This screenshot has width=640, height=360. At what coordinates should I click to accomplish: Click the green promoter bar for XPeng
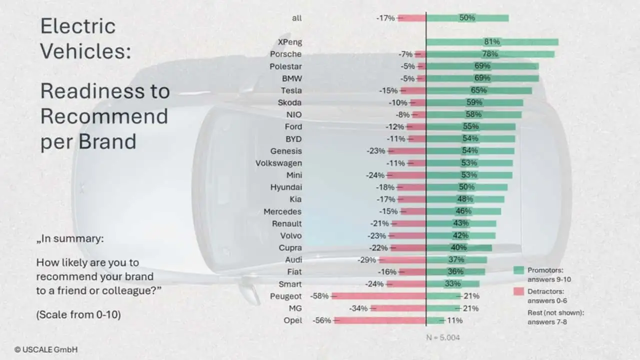492,42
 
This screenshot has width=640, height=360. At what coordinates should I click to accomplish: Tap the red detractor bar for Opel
379,320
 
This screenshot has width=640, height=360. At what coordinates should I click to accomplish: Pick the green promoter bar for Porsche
490,54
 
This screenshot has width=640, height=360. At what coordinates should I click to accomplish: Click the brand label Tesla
291,90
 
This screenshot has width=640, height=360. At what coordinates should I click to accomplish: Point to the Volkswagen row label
278,163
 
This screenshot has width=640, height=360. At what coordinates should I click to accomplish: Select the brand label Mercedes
282,211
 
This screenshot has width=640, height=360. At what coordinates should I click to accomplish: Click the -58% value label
319,296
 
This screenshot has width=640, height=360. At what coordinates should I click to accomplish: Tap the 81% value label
492,42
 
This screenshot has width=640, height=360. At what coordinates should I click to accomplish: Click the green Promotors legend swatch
518,270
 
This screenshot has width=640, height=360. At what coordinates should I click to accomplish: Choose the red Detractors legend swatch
518,291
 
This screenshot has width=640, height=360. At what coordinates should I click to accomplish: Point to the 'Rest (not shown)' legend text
556,313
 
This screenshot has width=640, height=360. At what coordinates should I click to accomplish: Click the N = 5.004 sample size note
442,337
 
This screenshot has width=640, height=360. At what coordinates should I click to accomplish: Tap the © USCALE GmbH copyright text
46,349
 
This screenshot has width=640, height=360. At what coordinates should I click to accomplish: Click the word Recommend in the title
104,116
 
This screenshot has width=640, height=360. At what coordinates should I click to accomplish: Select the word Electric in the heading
78,26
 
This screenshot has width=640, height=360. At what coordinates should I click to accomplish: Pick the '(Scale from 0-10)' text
78,315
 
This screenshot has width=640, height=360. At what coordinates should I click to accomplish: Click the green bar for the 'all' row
467,18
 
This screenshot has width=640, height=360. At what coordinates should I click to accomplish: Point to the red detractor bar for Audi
402,260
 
